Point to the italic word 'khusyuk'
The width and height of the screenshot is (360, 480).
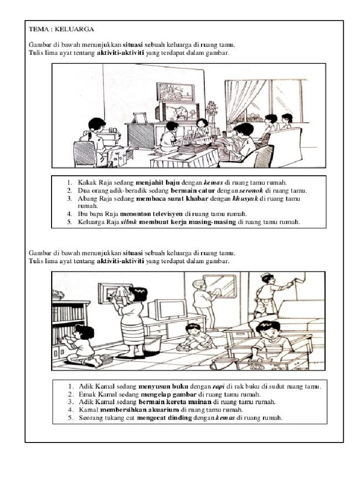pyautogui.click(x=245, y=199)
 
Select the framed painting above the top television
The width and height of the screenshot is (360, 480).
pyautogui.click(x=175, y=91)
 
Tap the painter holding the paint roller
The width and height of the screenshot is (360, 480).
pyautogui.click(x=267, y=295)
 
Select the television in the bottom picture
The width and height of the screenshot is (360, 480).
pyautogui.click(x=166, y=309)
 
